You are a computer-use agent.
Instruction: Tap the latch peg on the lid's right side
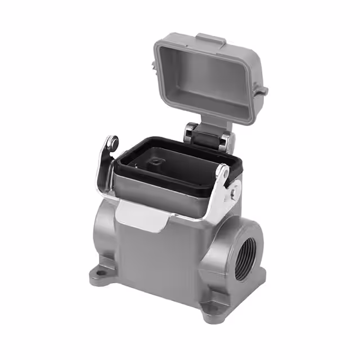(262, 90)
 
